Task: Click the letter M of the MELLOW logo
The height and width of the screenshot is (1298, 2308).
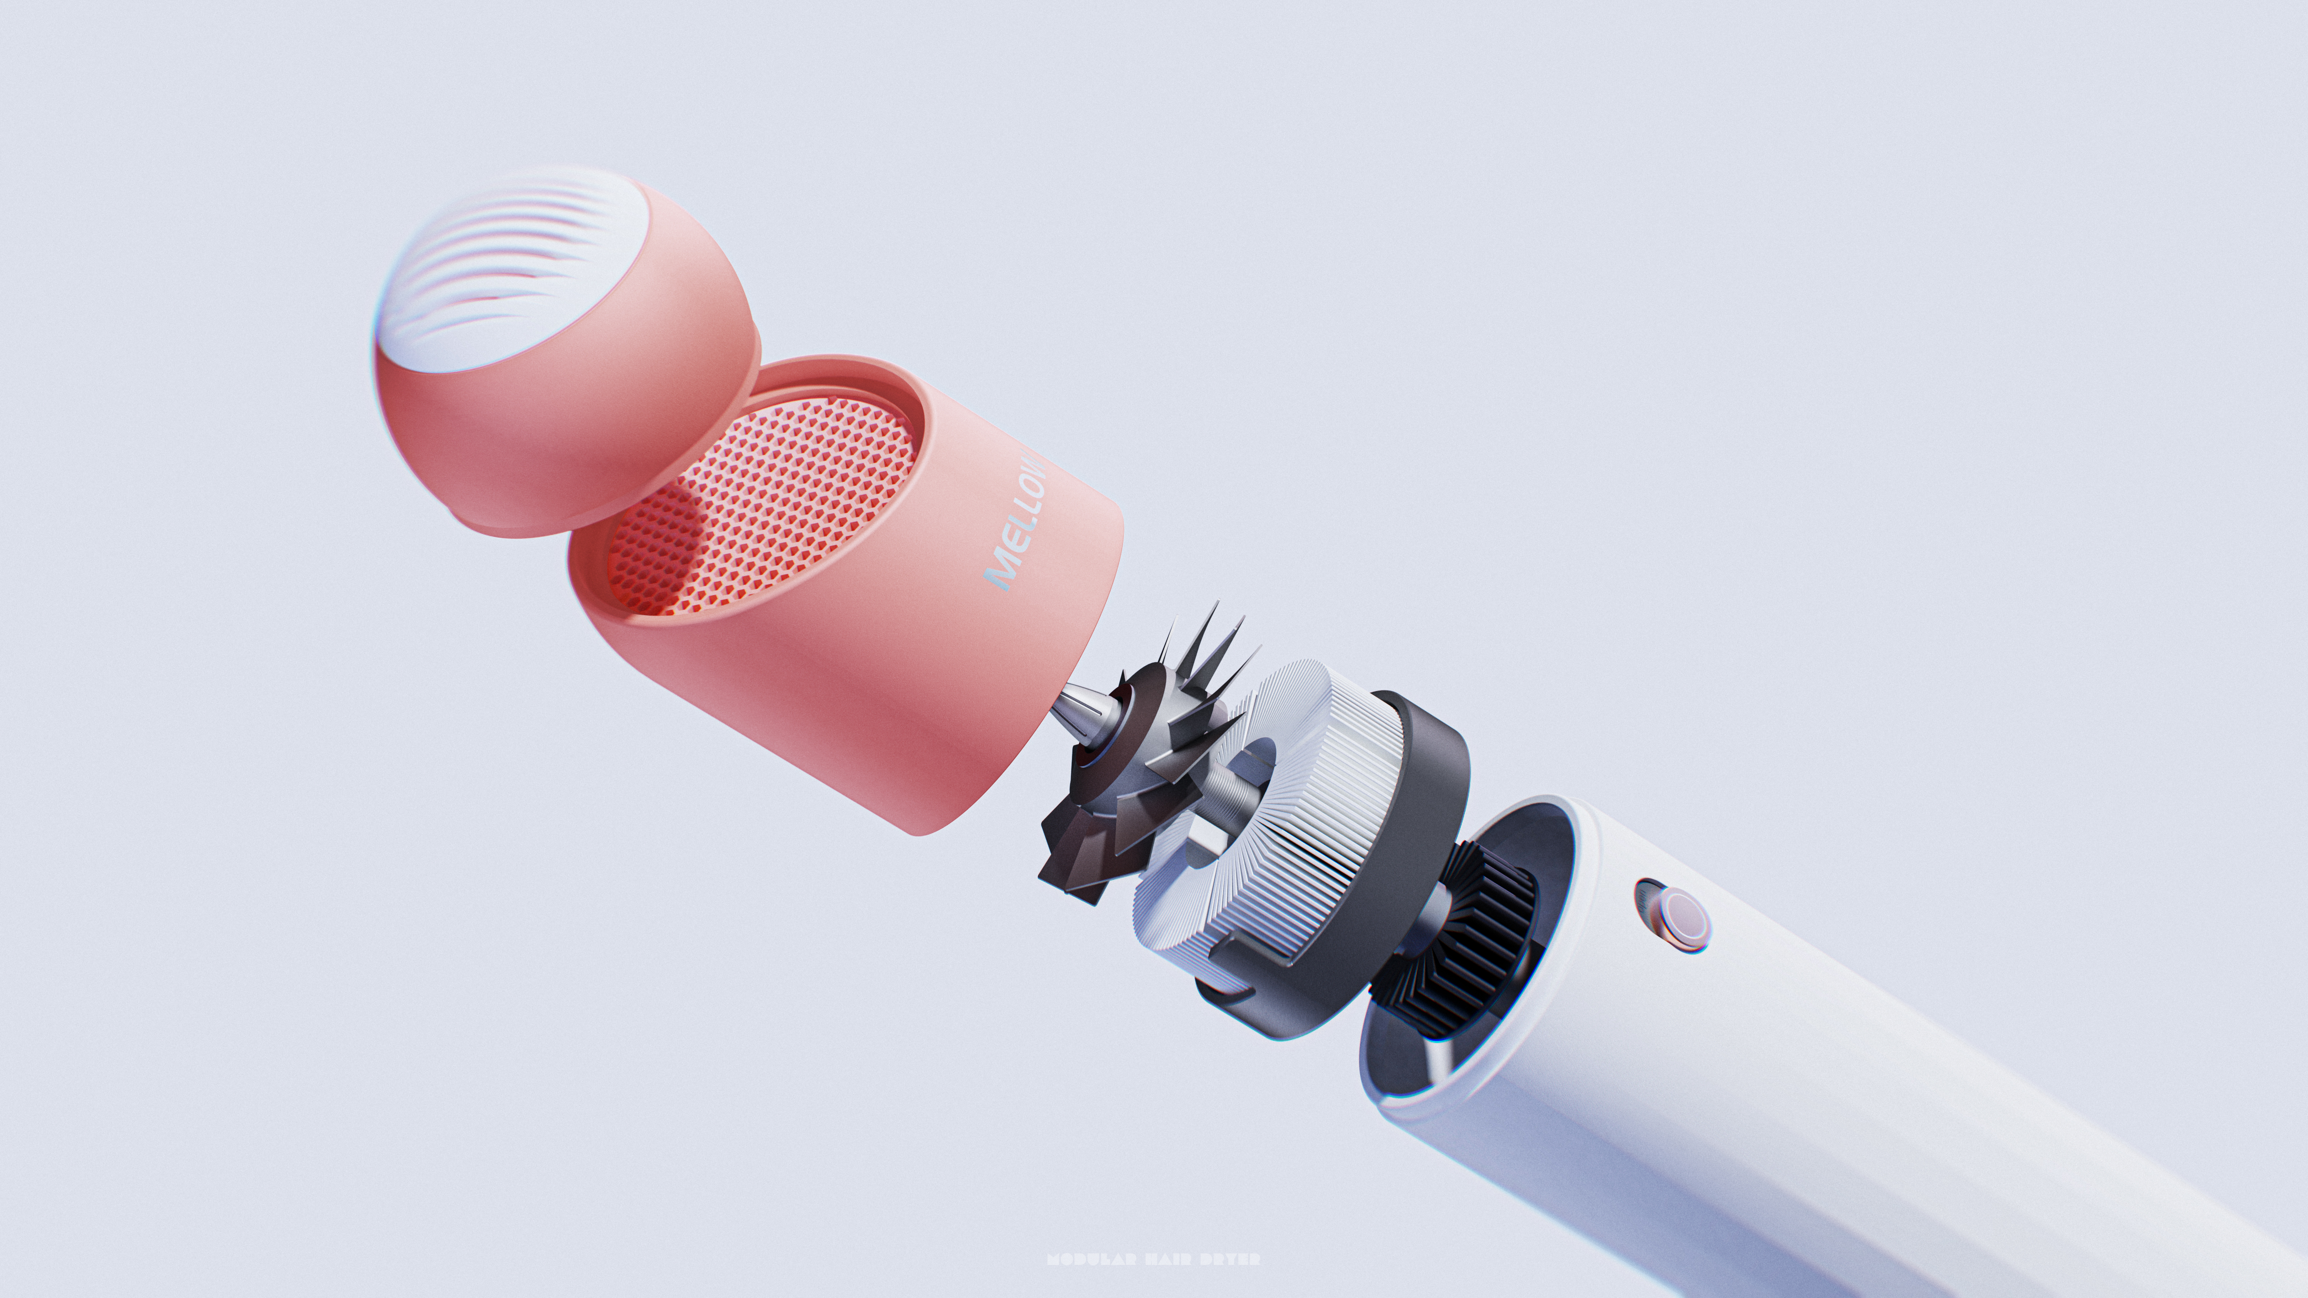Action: [999, 573]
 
